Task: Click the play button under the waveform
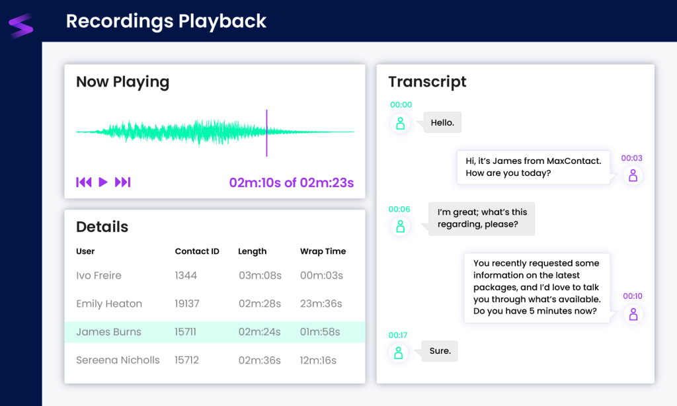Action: pos(103,183)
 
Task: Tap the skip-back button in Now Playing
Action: pos(84,183)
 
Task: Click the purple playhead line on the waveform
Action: pos(267,133)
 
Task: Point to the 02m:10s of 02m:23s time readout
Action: pos(292,183)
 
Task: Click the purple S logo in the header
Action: pos(20,26)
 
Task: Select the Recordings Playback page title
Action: pos(166,21)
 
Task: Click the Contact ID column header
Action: pos(197,251)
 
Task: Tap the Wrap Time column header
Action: pos(323,251)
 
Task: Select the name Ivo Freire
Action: pos(99,276)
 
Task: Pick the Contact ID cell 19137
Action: pos(187,304)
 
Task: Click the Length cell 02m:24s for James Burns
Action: pos(259,332)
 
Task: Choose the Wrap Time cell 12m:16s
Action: pos(318,360)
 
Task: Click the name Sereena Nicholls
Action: pos(118,360)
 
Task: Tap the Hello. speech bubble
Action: pos(442,123)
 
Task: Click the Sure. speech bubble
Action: pos(440,351)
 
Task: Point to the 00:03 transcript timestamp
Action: pos(631,158)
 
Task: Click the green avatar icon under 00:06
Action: pos(400,226)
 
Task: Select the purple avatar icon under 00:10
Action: pos(633,315)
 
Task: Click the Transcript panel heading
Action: pos(428,81)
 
